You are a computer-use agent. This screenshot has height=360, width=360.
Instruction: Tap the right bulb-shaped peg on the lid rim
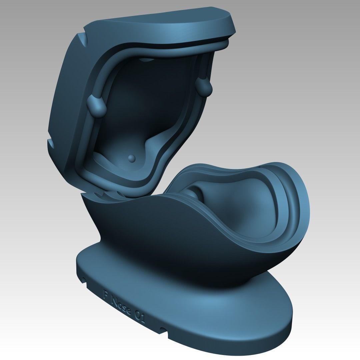[x=204, y=87]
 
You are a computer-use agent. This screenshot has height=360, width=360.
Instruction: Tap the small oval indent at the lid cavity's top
[x=147, y=60]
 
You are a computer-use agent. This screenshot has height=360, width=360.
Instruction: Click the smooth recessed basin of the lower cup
[x=240, y=207]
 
